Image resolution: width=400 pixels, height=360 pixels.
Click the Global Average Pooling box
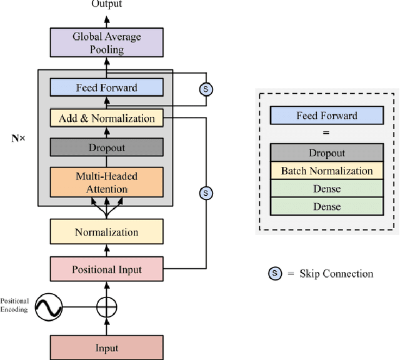point(106,43)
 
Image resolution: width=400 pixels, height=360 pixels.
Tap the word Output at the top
point(107,4)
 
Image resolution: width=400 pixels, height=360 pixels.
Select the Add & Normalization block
point(106,118)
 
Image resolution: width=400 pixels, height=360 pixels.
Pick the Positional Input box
point(106,270)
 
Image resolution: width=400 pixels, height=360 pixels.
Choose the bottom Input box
point(106,348)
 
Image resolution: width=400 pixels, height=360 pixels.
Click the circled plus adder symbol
point(106,307)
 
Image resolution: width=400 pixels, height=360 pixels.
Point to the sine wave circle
point(49,307)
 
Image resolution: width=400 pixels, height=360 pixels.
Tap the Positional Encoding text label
point(14,305)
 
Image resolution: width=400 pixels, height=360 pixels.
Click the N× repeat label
point(19,138)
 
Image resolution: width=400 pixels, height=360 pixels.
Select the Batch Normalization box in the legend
point(326,171)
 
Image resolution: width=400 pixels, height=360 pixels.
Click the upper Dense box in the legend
point(326,188)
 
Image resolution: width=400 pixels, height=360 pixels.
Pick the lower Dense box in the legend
point(326,206)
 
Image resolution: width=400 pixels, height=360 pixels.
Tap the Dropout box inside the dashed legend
point(326,153)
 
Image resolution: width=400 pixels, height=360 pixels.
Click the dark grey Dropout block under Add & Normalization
point(106,147)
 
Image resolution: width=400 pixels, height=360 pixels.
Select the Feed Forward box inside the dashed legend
point(326,115)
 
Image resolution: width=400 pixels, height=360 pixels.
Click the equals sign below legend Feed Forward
point(326,132)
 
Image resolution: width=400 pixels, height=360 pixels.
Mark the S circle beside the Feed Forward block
point(205,89)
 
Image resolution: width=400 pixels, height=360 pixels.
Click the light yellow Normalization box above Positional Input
point(106,232)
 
